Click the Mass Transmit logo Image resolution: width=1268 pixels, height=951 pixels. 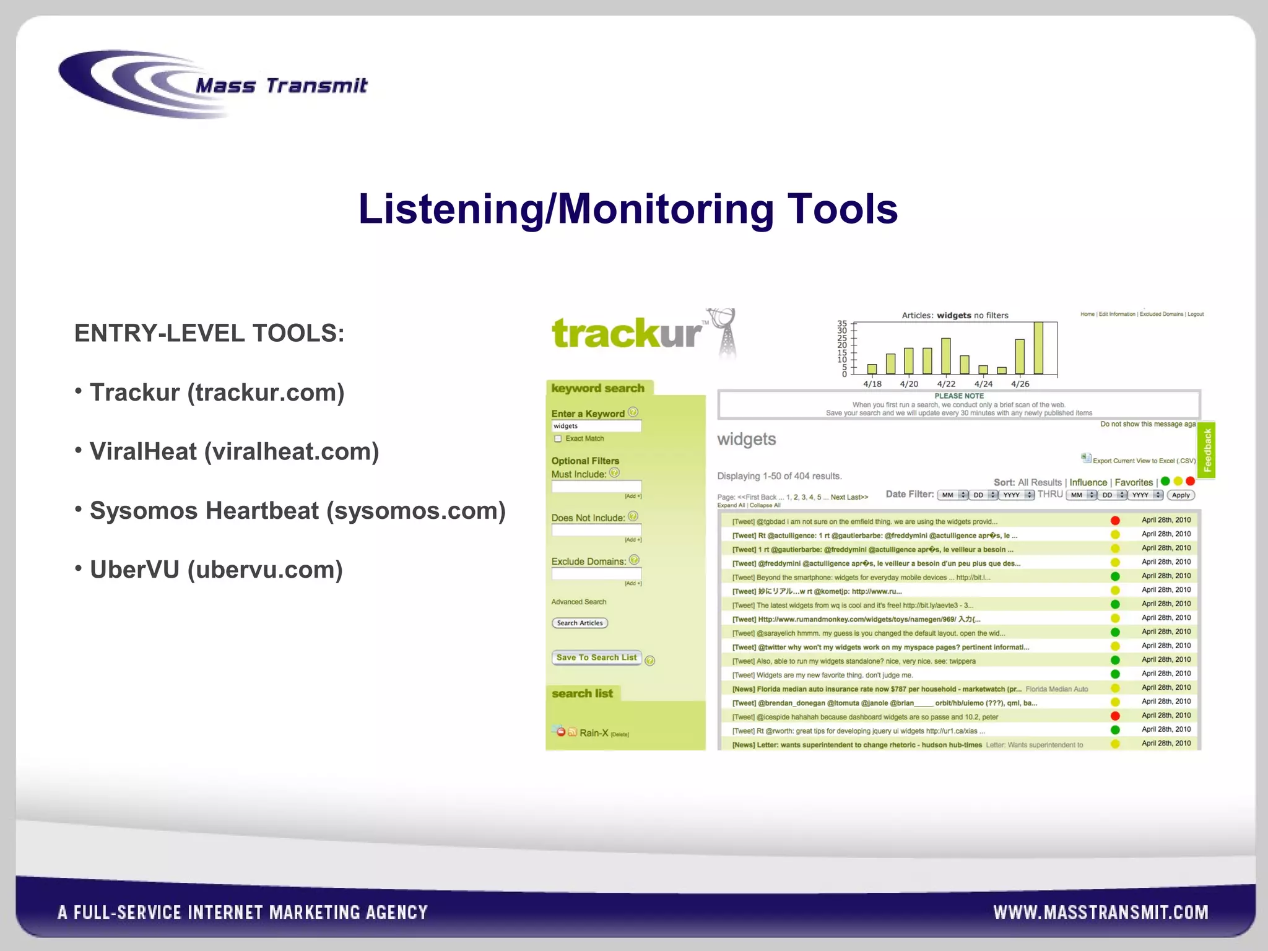[x=214, y=85]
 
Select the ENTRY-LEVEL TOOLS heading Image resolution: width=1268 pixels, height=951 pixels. [x=209, y=333]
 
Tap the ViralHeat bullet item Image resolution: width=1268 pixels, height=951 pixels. [x=234, y=451]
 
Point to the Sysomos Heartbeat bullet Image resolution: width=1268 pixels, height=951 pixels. [x=297, y=511]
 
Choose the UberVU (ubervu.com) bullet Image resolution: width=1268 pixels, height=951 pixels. [x=215, y=570]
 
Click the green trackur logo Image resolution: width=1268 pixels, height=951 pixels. [x=627, y=333]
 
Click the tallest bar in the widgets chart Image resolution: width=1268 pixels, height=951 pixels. [x=1038, y=348]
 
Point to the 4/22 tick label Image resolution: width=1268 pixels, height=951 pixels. [x=946, y=384]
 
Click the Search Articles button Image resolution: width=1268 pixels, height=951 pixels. [x=580, y=623]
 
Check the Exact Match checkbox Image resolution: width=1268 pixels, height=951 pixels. [x=558, y=438]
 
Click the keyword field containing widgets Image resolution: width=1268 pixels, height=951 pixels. [x=596, y=426]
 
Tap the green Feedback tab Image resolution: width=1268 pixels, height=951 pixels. [x=1207, y=450]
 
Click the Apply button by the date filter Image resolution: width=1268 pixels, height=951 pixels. [x=1181, y=495]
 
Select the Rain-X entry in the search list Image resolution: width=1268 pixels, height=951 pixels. [x=593, y=733]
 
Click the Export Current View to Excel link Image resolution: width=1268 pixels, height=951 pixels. [x=1143, y=461]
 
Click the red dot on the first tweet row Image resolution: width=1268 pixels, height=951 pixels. [x=1115, y=521]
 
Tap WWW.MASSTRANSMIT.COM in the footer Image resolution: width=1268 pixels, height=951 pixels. [x=1100, y=912]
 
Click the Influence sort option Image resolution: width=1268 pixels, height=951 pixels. [x=1088, y=482]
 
